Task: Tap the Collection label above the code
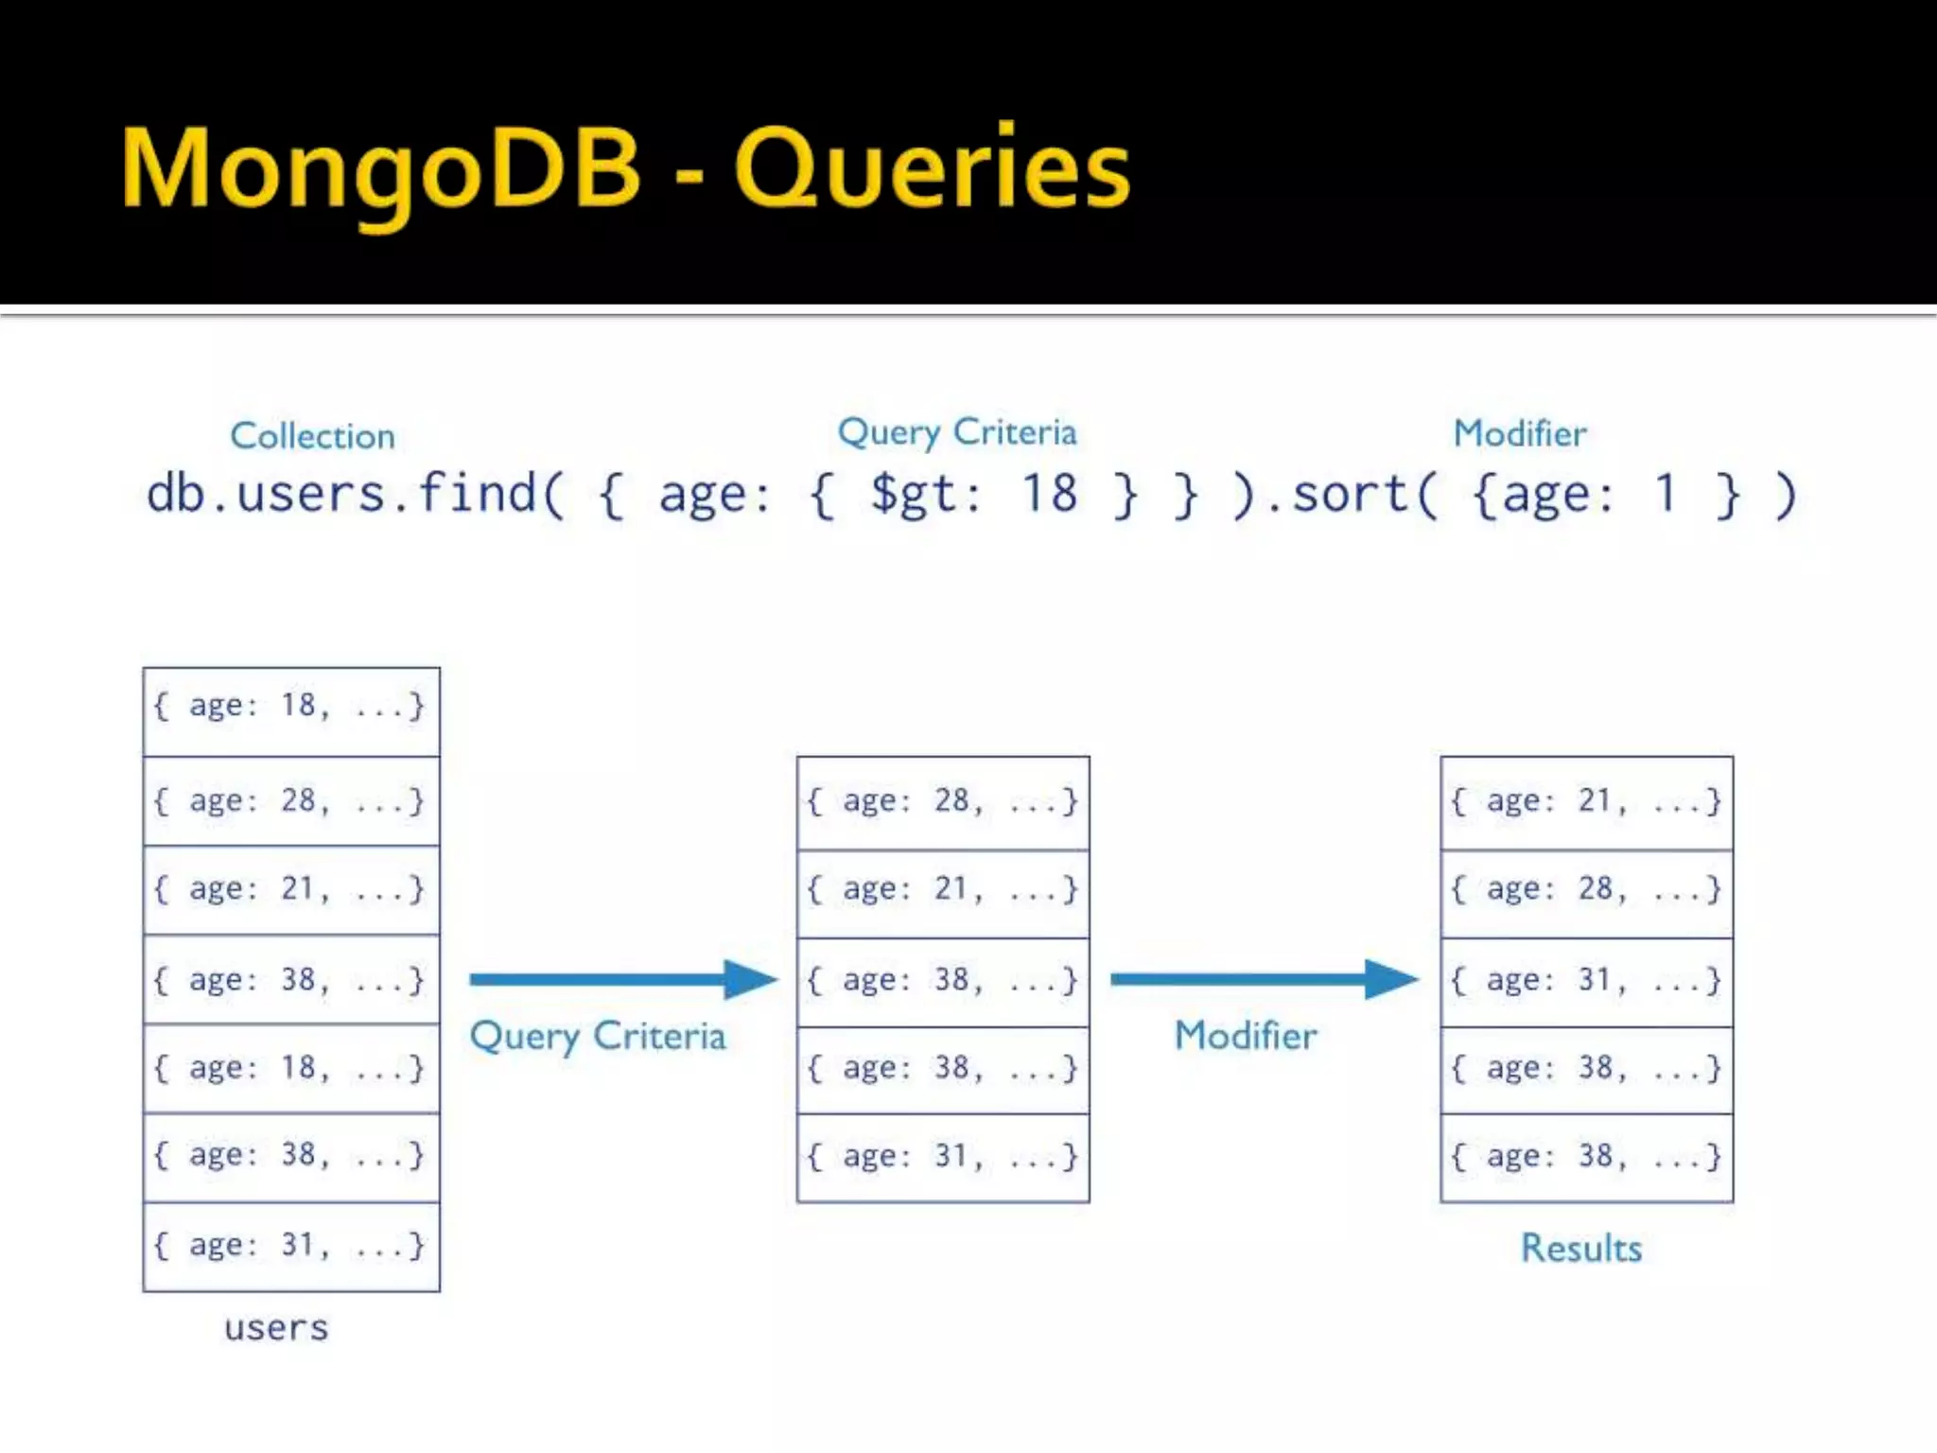[x=312, y=436]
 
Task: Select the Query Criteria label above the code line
[x=957, y=433]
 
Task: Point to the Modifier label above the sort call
[x=1519, y=434]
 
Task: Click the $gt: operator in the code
[x=925, y=495]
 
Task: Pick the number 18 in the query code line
[x=1049, y=494]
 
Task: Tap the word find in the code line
[x=477, y=493]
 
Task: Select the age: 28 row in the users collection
[x=290, y=801]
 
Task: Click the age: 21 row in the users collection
[x=290, y=889]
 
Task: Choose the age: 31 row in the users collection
[x=290, y=1246]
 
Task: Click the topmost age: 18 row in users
[x=290, y=706]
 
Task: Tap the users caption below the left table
[x=276, y=1328]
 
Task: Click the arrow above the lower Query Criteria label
[x=621, y=979]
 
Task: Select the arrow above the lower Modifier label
[x=1264, y=979]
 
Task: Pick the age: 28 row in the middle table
[x=943, y=802]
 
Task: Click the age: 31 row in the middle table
[x=943, y=1157]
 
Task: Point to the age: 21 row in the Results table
[x=1586, y=802]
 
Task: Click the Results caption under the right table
[x=1580, y=1249]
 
